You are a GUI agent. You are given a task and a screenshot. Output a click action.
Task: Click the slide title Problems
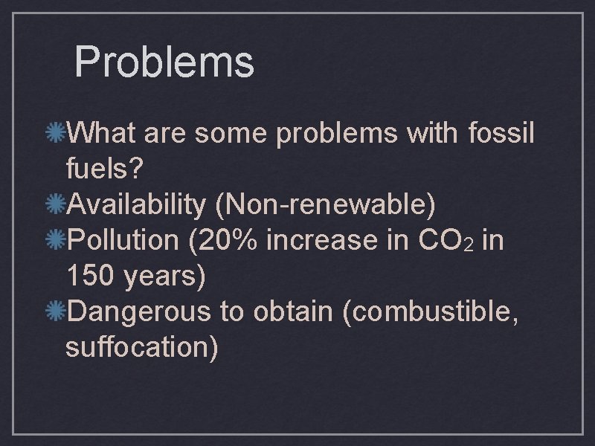point(164,62)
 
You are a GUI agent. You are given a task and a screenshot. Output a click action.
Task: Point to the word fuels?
point(104,169)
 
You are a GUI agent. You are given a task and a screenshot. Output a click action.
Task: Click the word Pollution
point(123,241)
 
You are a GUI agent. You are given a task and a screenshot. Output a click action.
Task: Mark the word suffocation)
point(142,348)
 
